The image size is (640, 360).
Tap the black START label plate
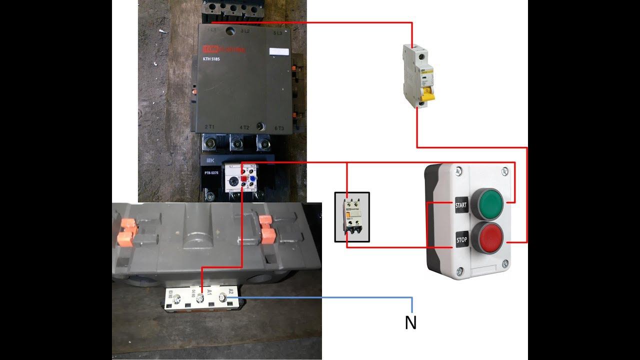point(461,205)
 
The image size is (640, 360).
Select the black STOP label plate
point(461,239)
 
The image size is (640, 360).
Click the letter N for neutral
point(410,323)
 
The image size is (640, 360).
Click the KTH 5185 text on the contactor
point(211,59)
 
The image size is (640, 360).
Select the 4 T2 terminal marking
point(244,128)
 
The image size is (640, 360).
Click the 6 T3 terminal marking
point(278,128)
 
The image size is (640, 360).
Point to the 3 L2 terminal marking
point(245,31)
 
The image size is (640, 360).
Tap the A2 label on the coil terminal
point(230,291)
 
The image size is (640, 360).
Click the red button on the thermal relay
point(243,178)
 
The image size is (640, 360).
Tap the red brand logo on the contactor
point(207,49)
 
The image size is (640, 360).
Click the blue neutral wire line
point(325,297)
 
